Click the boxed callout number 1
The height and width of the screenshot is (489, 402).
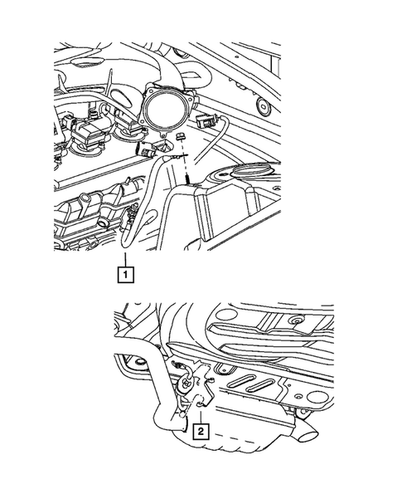124,271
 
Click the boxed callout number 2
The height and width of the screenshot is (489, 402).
201,431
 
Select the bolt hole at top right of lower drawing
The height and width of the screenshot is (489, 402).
296,320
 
